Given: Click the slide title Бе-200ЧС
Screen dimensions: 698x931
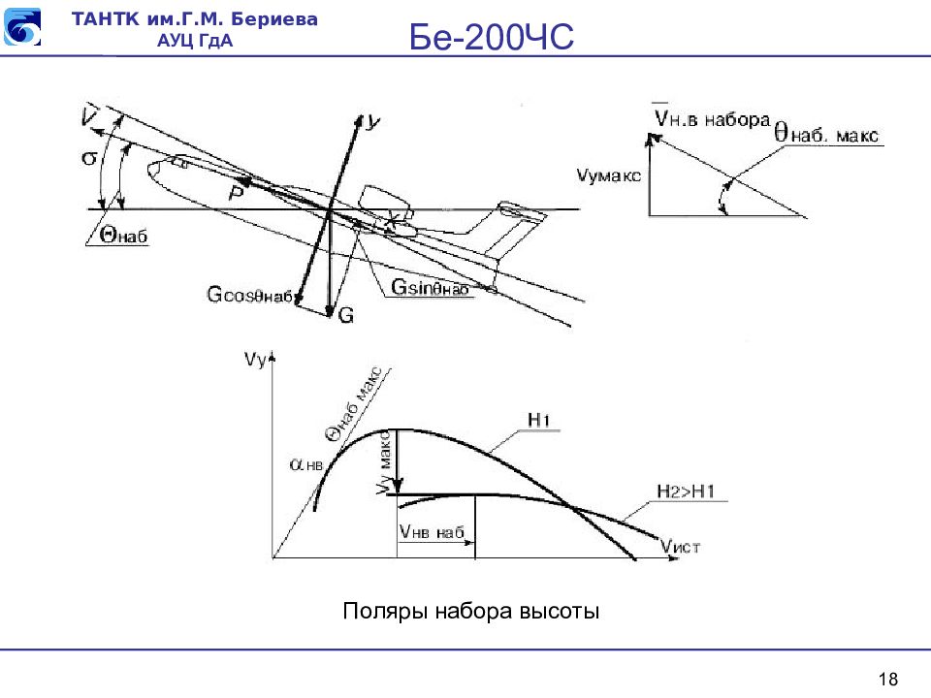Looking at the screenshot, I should coord(493,38).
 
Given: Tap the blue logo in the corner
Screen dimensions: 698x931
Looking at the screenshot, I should coord(23,27).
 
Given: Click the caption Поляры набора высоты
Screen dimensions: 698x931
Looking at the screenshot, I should coord(471,612).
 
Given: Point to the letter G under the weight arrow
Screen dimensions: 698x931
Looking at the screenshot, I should coord(346,314).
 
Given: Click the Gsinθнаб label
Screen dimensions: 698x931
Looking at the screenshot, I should coord(431,287).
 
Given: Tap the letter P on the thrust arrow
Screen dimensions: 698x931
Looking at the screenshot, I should coord(236,193).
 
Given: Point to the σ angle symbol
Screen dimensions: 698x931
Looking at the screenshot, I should coord(89,157).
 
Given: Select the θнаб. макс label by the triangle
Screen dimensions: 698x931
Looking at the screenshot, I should coord(826,134).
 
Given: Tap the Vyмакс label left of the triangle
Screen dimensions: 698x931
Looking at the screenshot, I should coord(608,177).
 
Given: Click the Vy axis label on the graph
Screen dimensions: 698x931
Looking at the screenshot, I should coord(256,361).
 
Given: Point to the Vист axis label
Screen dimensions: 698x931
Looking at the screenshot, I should coord(679,547).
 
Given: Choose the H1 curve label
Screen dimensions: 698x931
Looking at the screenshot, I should coord(539,419).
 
